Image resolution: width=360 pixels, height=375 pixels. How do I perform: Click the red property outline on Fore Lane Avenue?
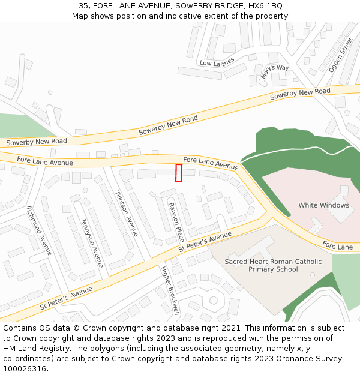coord(178,172)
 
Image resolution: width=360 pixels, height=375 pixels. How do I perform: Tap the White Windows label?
coord(323,205)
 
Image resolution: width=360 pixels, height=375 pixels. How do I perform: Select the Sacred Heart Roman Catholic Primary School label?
coord(273,265)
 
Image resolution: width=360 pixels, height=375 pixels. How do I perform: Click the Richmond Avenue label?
coord(39,230)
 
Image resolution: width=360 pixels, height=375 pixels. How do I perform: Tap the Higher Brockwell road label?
coord(170,290)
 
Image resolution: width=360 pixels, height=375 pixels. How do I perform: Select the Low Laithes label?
coord(217,63)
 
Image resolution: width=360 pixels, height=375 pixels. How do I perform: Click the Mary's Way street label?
coord(275,71)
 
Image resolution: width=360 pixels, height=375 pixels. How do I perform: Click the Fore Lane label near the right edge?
coord(337,246)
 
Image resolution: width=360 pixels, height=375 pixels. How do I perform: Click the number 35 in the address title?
coord(83,6)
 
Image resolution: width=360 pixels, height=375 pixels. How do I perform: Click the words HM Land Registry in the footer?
coord(36,349)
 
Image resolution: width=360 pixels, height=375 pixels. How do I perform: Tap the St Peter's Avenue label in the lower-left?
coord(66,298)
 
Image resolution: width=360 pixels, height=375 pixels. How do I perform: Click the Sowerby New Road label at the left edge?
coord(36,142)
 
